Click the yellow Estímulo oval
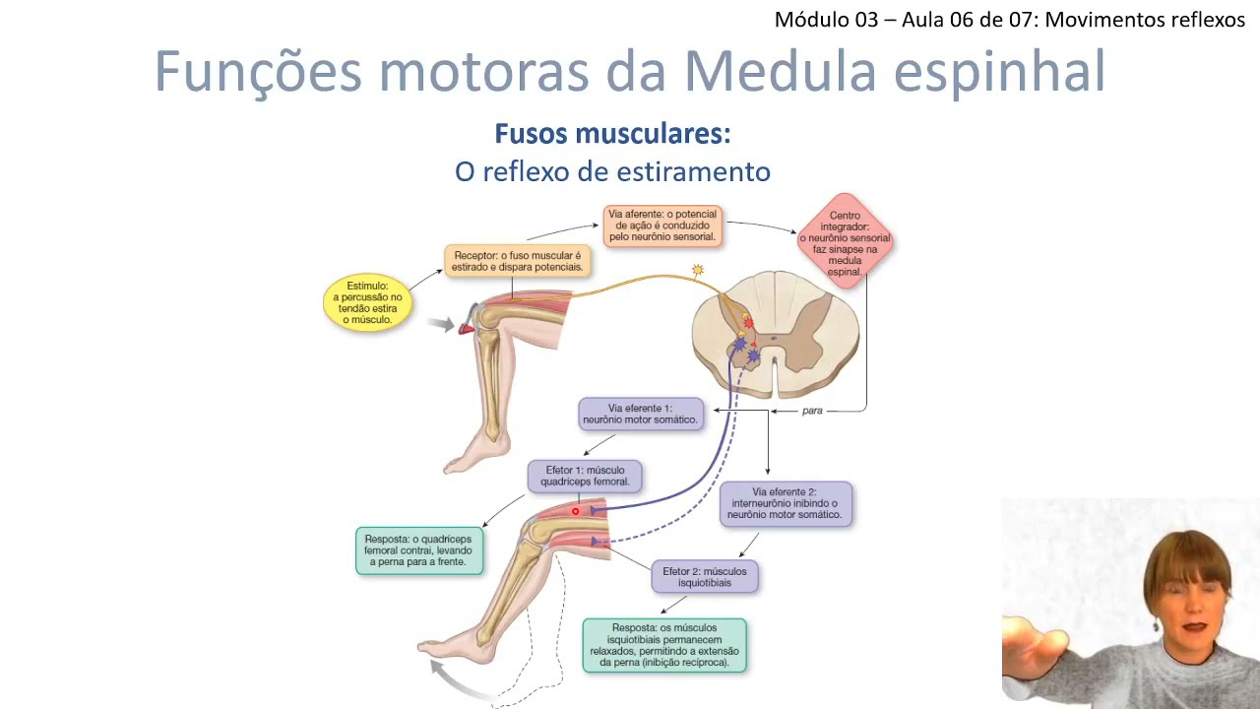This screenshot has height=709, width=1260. pos(367,302)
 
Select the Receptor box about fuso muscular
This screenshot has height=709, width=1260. pos(518,261)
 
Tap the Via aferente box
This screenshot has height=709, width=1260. pos(662,226)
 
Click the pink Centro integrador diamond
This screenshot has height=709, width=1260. pos(845,242)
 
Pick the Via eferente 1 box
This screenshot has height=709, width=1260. pos(641,414)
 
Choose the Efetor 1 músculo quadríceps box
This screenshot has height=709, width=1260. pos(585,477)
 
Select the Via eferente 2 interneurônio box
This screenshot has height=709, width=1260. pos(786,504)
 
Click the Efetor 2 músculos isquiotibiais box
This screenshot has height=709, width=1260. pos(705,577)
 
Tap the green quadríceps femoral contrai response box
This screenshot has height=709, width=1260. pos(419,551)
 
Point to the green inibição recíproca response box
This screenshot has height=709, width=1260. pos(664,645)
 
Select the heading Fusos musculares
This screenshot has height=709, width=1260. pos(612,134)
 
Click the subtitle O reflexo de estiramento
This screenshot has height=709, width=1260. pos(612,171)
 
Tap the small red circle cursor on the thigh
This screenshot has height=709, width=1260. pos(576,511)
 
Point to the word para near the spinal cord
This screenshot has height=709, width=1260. pos(812,411)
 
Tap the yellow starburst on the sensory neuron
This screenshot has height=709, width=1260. pos(698,270)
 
